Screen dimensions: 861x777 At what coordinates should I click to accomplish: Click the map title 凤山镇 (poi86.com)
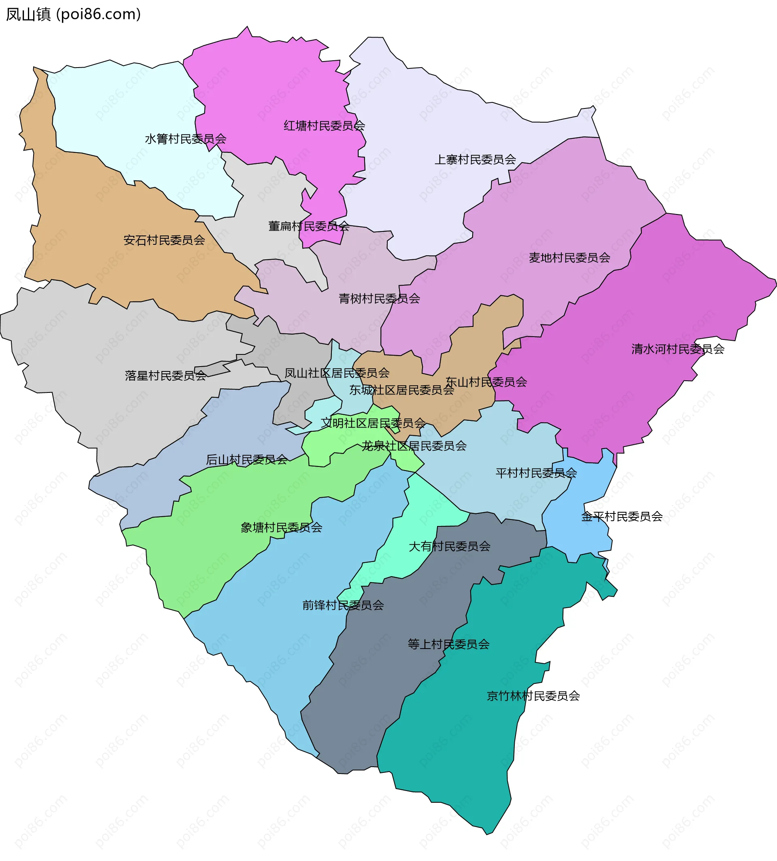point(73,15)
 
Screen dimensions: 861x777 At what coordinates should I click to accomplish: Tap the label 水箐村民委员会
point(185,139)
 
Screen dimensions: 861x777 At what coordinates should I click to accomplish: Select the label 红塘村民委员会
point(324,125)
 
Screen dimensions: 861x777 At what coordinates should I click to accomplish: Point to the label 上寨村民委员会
point(475,160)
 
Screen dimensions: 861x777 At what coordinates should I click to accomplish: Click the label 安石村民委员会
point(164,240)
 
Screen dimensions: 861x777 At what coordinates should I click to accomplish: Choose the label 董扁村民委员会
point(308,226)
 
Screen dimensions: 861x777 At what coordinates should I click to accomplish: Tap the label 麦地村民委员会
point(569,257)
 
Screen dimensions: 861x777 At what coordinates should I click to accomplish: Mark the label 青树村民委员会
point(379,298)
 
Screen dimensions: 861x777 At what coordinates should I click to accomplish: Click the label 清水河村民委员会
point(677,349)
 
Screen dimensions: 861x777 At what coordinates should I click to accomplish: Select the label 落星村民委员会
point(166,375)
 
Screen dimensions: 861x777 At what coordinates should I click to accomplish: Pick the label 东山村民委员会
point(486,382)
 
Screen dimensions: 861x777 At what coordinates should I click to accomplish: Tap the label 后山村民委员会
point(246,459)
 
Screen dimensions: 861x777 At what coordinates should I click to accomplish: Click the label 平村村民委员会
point(536,473)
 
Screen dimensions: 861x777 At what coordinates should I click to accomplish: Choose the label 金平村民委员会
point(622,517)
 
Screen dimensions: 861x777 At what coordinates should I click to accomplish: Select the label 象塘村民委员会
point(281,527)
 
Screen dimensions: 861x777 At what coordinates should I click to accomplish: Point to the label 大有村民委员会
point(449,546)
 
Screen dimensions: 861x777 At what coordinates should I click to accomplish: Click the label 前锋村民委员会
point(343,605)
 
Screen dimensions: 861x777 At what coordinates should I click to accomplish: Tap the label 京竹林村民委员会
point(533,696)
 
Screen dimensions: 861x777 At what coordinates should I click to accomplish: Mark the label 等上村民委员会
point(448,644)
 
